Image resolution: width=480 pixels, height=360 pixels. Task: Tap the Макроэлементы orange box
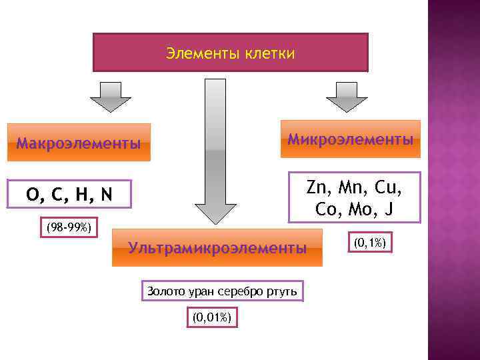[79, 143]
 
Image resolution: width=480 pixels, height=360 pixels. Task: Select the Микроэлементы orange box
[350, 139]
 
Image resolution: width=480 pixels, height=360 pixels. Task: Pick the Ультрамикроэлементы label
[217, 249]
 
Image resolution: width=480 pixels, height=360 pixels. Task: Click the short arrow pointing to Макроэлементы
[110, 97]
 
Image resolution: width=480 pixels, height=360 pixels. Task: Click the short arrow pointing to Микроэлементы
[346, 97]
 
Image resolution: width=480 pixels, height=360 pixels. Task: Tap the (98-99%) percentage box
[70, 227]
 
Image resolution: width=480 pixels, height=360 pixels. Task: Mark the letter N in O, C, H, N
[106, 195]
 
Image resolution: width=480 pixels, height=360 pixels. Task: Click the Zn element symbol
[319, 187]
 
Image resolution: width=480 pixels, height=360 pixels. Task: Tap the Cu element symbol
[389, 187]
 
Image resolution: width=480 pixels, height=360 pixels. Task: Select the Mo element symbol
[359, 209]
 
